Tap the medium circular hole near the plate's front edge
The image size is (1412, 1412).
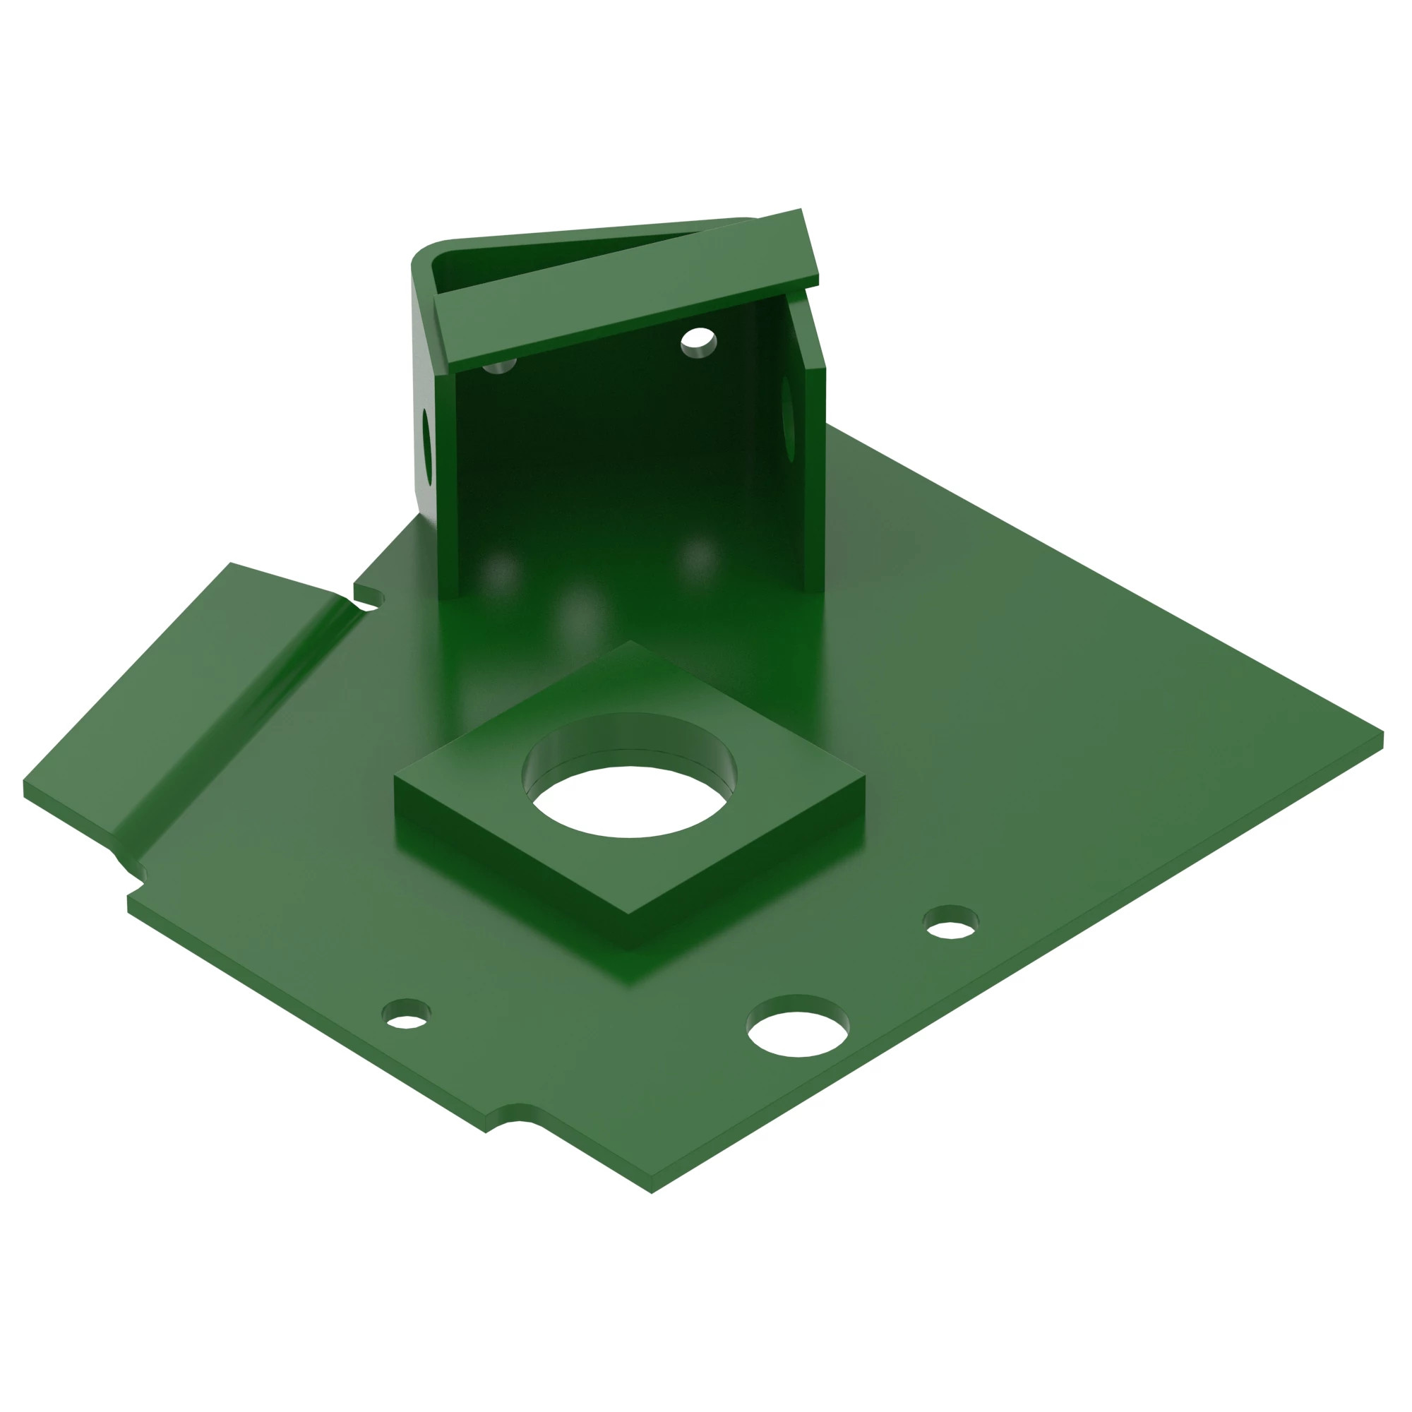coord(797,1031)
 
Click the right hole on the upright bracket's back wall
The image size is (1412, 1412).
coord(698,341)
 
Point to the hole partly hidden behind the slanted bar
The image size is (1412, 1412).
coord(500,365)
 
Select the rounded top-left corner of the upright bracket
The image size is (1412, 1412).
coord(428,252)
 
